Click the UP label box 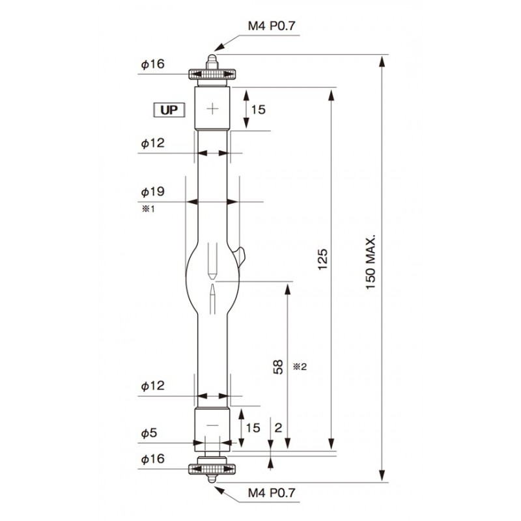169,110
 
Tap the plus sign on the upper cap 212,108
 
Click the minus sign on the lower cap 212,425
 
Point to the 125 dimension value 322,259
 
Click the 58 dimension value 278,367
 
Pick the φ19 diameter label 153,191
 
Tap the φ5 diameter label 149,433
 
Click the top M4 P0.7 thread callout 272,25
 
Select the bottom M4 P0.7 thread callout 272,493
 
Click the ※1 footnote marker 148,209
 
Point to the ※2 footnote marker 300,367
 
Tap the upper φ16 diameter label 153,63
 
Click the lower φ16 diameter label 153,458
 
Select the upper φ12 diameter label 153,143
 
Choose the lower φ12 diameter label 153,386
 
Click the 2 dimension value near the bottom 279,427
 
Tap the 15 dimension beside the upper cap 258,109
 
